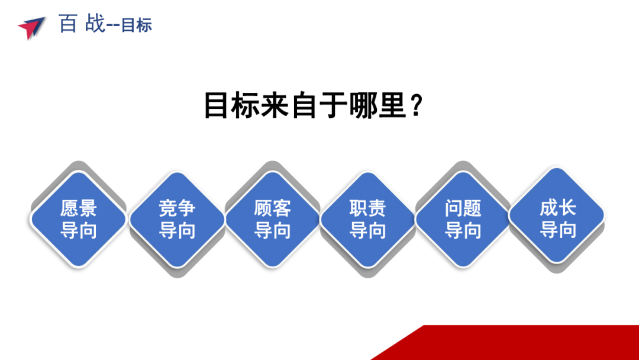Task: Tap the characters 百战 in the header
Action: [82, 23]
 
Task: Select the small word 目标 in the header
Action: [137, 25]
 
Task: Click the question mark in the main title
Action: [417, 105]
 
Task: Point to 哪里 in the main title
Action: [378, 105]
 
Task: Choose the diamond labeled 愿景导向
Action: [78, 219]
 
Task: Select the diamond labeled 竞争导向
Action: [177, 219]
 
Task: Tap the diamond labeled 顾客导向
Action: [272, 219]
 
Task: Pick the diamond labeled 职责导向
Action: [367, 219]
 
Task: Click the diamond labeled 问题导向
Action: [463, 219]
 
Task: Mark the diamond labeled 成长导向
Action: [557, 216]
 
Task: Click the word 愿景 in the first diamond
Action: [78, 208]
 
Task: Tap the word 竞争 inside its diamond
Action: [177, 208]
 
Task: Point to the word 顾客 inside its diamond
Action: [272, 208]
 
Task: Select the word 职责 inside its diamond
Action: [367, 208]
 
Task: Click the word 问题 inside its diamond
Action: [463, 208]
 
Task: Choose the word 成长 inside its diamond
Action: [557, 208]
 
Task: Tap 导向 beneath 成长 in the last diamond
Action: [557, 230]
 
